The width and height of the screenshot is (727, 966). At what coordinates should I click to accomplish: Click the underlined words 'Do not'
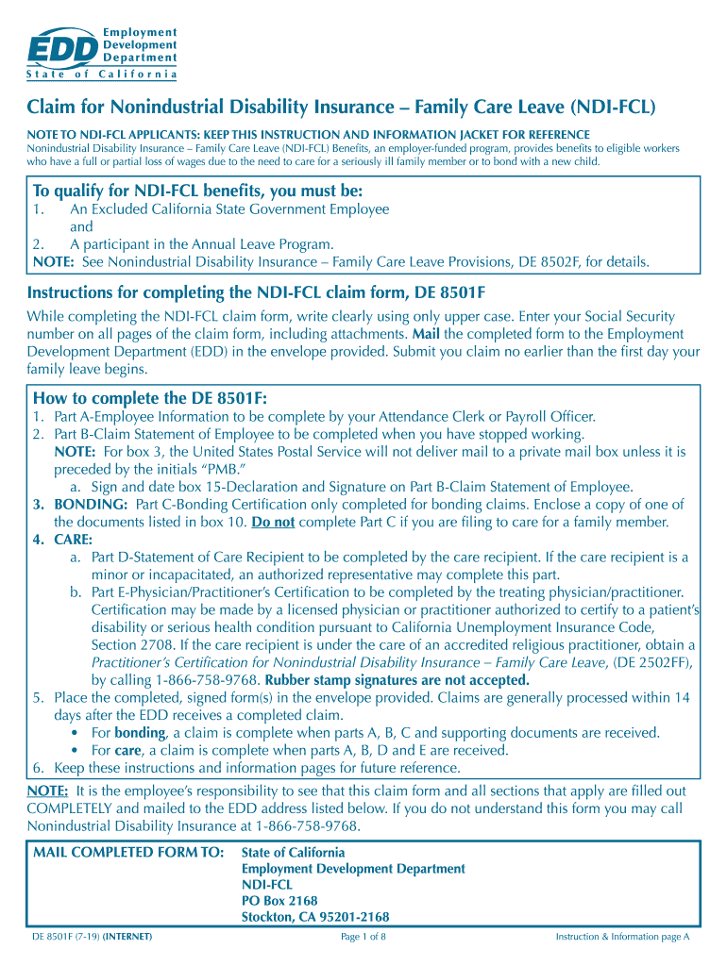(273, 522)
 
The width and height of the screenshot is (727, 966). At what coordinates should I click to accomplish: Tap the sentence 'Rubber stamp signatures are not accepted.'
(397, 680)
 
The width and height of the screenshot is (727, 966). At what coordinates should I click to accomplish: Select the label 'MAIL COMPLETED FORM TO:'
(128, 853)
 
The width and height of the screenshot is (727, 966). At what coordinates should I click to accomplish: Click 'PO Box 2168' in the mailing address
(280, 901)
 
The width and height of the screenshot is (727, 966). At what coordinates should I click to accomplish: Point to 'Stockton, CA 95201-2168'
(315, 917)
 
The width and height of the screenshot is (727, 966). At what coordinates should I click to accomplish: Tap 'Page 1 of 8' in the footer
(363, 937)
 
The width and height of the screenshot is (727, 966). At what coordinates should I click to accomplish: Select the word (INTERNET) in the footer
(128, 937)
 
